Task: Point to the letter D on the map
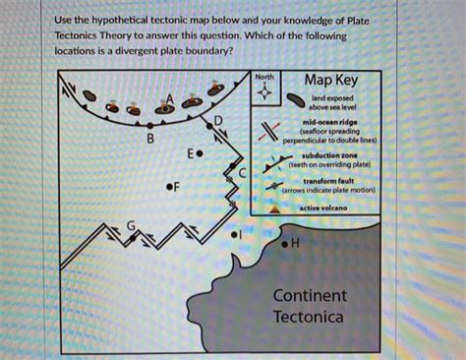tap(218, 120)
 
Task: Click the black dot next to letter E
tap(200, 154)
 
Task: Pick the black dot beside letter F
tap(169, 187)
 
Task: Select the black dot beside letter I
tap(235, 236)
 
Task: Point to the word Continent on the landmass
tap(310, 295)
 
